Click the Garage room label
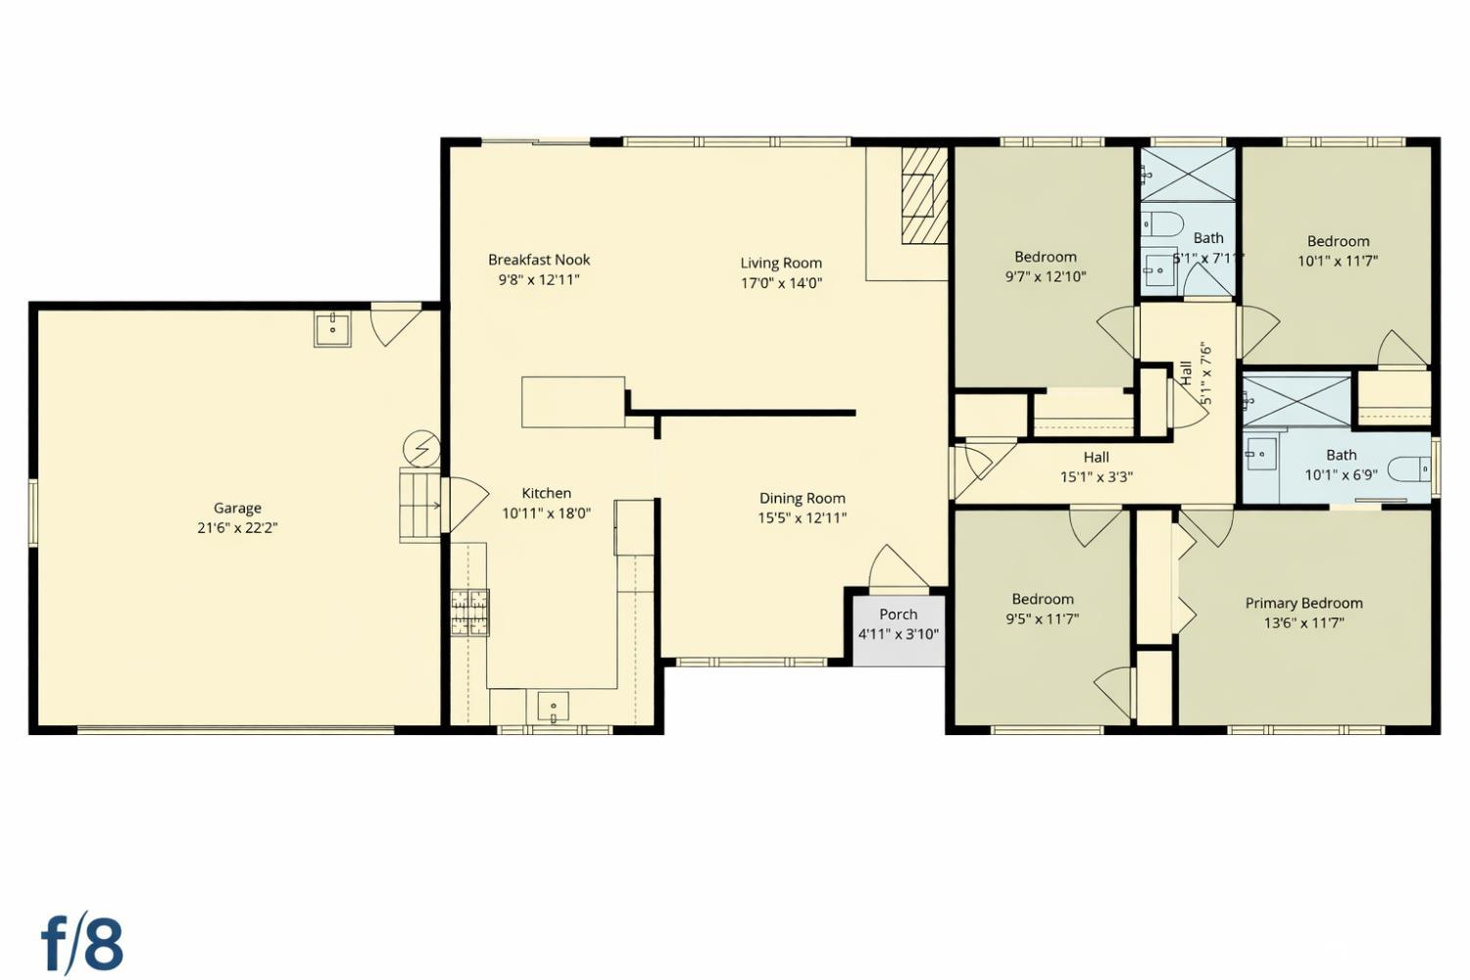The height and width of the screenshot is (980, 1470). (237, 508)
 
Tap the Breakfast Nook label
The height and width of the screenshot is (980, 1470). (539, 260)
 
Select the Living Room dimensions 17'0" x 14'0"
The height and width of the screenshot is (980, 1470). (781, 283)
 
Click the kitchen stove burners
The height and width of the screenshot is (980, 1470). (469, 612)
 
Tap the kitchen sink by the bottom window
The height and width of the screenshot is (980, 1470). (553, 707)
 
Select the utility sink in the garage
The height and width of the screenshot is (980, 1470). (332, 328)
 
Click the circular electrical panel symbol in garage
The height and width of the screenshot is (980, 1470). (421, 449)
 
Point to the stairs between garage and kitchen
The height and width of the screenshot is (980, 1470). (419, 505)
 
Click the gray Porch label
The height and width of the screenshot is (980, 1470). (898, 614)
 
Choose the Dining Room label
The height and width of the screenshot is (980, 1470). (802, 498)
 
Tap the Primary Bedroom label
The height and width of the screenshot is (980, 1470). (1303, 603)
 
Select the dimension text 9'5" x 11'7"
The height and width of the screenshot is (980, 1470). (1043, 619)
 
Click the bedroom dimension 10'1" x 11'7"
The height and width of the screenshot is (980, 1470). (1338, 262)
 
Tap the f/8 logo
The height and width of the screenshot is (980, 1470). (82, 943)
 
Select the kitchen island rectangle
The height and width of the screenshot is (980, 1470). (573, 402)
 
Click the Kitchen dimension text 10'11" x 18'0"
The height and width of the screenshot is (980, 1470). (546, 514)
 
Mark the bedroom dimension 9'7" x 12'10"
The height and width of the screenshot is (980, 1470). (1045, 277)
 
